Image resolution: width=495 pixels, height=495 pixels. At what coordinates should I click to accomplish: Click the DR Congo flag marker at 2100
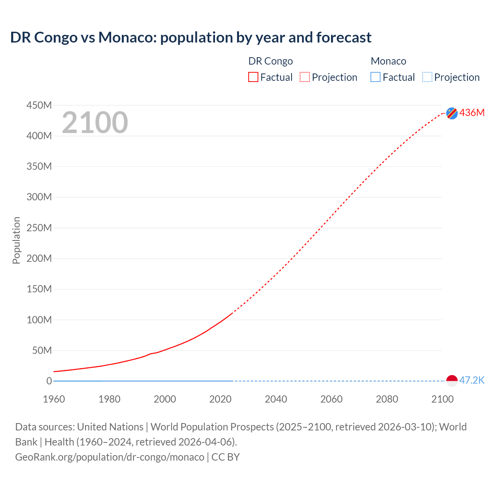coord(452,113)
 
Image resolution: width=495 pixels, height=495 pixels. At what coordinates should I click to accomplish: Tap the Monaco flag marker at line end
coord(452,381)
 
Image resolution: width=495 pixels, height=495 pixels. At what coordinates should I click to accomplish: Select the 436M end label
coord(472,113)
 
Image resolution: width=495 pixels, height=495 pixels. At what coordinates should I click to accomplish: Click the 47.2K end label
coord(472,380)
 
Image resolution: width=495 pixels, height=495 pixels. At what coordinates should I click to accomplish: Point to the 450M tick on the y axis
coord(39,105)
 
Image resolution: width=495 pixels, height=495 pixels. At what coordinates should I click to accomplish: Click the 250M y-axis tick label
coord(39,228)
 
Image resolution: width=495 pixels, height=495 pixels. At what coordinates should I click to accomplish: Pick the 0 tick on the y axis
coord(49,381)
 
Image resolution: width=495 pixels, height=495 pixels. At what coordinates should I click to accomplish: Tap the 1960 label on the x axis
coord(54,399)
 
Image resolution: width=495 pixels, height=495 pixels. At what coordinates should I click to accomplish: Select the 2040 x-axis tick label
coord(276,399)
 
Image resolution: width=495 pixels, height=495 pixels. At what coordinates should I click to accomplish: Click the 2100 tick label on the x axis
coord(442,399)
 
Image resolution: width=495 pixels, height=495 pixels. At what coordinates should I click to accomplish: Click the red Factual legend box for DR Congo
coord(253,77)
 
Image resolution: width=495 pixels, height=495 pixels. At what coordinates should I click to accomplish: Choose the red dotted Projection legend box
coord(305,77)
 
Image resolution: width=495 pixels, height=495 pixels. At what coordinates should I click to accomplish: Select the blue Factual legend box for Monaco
coord(376,77)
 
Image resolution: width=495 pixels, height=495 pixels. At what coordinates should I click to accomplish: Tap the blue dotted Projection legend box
coord(427,77)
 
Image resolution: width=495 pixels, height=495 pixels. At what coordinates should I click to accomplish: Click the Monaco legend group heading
coord(388,61)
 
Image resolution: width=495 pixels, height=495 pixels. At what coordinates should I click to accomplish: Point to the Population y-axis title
coord(16,240)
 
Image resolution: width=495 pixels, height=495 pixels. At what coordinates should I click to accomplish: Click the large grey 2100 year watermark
coord(95,123)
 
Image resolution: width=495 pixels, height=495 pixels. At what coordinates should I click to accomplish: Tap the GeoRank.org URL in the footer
coord(109,457)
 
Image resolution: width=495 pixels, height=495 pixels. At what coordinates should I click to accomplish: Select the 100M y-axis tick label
coord(39,320)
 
